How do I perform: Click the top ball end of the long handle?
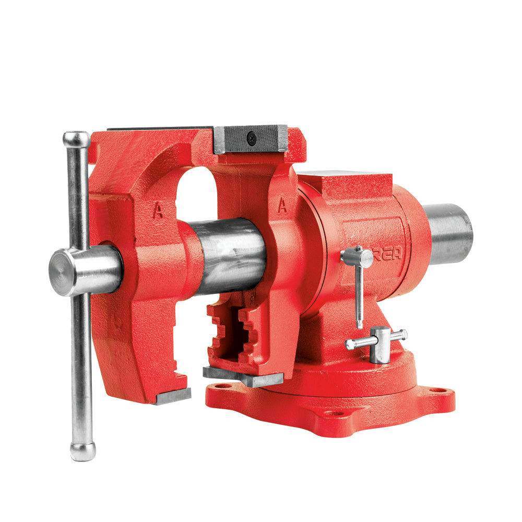pyautogui.click(x=76, y=139)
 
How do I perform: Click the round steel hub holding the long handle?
pyautogui.click(x=84, y=271)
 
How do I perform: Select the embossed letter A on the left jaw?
pyautogui.click(x=157, y=210)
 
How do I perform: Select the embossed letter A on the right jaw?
pyautogui.click(x=282, y=206)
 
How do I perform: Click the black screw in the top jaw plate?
pyautogui.click(x=252, y=138)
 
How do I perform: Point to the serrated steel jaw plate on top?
pyautogui.click(x=251, y=139)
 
